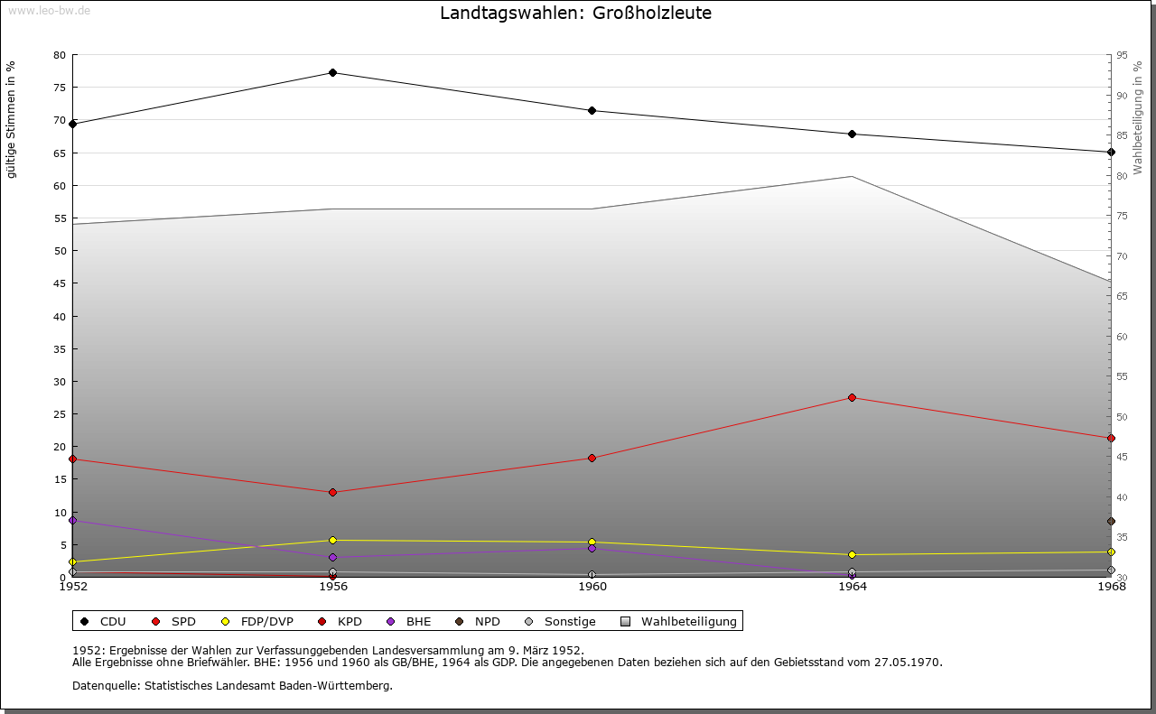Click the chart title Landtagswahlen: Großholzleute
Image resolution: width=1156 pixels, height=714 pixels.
(575, 14)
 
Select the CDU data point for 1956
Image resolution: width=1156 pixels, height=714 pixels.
(333, 72)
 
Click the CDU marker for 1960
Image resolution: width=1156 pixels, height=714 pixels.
(592, 110)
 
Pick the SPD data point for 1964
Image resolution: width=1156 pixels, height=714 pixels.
(852, 398)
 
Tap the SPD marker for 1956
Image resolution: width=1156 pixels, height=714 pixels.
(333, 492)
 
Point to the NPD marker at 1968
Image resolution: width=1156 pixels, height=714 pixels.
(1111, 521)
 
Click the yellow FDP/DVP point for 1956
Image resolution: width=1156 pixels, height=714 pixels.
(333, 540)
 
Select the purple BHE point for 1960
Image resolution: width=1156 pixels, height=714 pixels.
(592, 548)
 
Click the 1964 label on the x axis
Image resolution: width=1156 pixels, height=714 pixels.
(852, 587)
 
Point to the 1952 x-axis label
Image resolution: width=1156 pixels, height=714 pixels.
(73, 587)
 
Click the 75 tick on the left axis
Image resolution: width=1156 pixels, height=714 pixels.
(59, 88)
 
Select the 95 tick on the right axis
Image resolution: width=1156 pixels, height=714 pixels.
(1123, 55)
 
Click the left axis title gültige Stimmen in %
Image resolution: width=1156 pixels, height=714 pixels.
(12, 120)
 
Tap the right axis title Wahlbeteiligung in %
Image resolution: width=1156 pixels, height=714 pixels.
(1138, 117)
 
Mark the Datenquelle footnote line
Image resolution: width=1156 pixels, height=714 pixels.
(232, 685)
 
